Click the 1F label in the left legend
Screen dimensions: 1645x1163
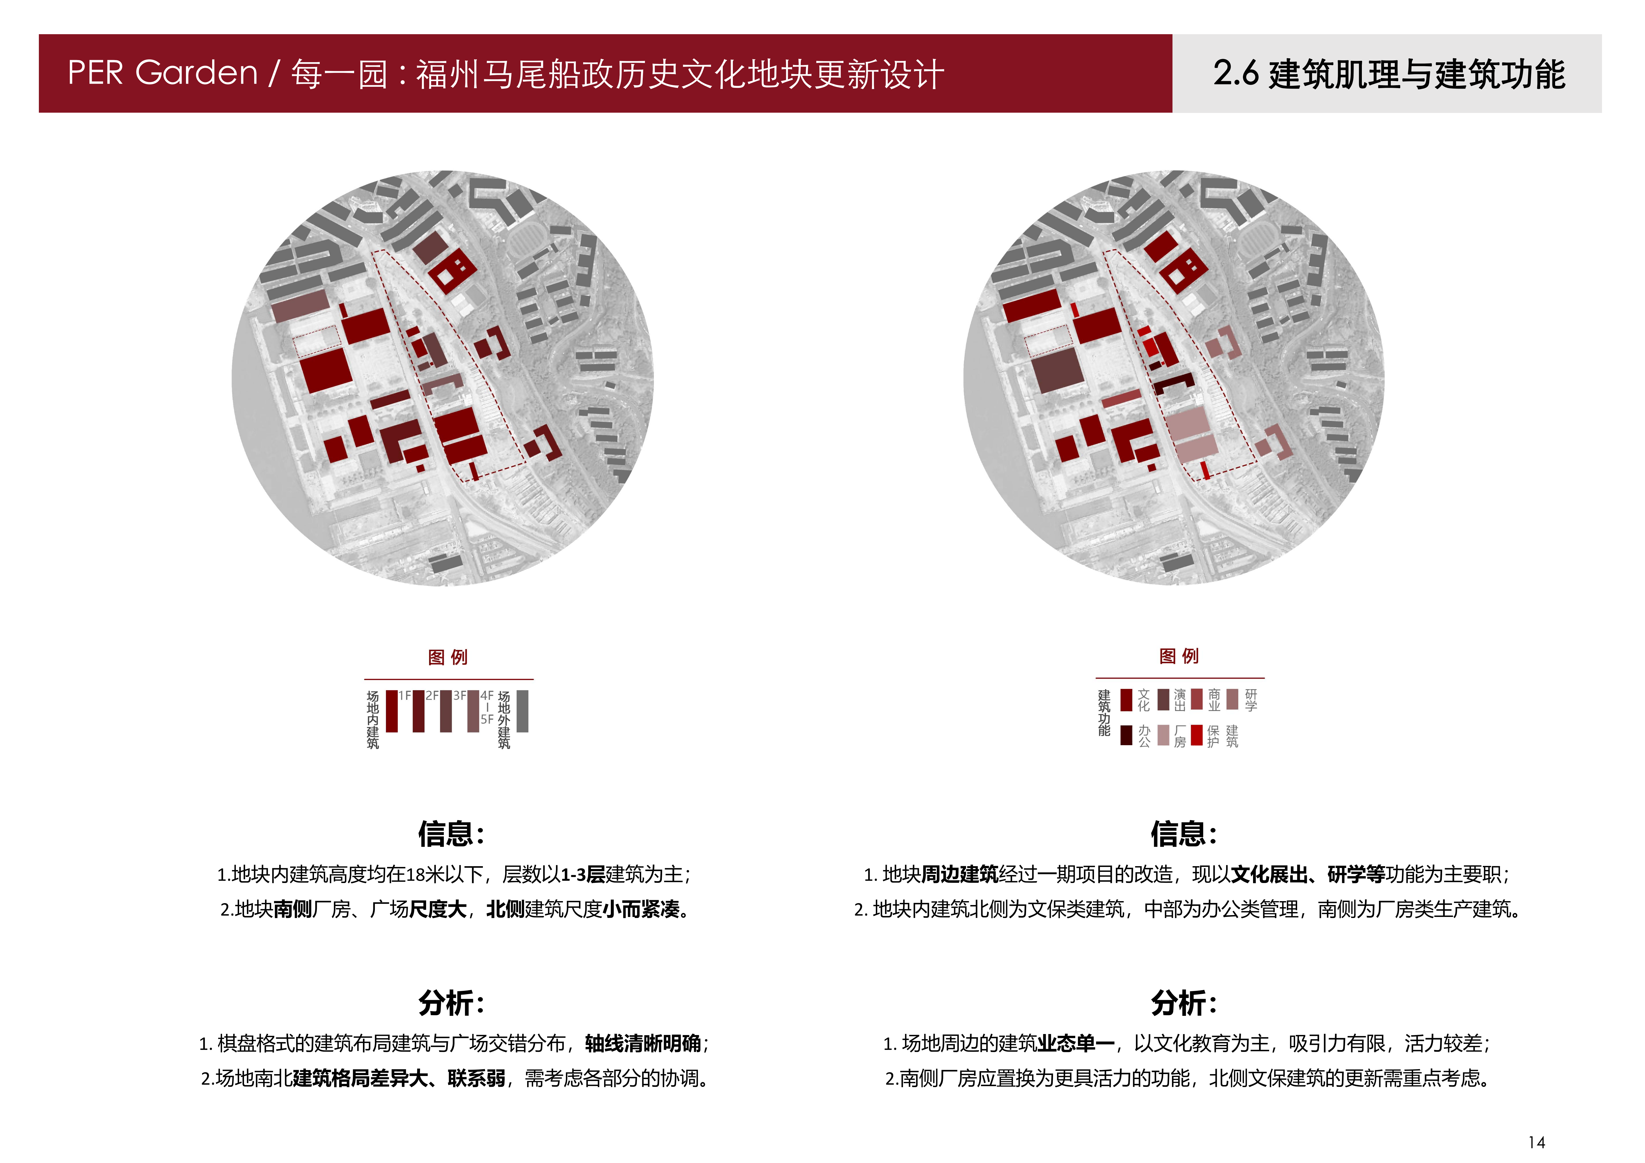pos(405,696)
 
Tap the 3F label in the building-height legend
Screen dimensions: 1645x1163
pos(459,696)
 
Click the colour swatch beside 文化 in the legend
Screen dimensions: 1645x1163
pos(1126,700)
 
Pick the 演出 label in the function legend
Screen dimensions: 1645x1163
pos(1179,700)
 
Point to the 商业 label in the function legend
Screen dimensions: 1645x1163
pos(1214,700)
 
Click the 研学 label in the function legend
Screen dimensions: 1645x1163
pos(1251,700)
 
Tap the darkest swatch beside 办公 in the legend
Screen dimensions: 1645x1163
pos(1126,735)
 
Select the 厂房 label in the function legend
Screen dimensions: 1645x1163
pos(1179,736)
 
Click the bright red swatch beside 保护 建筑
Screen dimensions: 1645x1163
pos(1197,735)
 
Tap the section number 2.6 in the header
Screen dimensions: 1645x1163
pos(1236,73)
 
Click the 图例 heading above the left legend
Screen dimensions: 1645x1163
pos(448,657)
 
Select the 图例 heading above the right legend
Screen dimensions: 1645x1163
pos(1179,656)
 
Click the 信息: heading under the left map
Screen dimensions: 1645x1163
pos(451,833)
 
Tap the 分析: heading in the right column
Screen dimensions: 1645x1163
pos(1184,1002)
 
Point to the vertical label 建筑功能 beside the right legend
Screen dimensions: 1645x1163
pos(1104,713)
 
